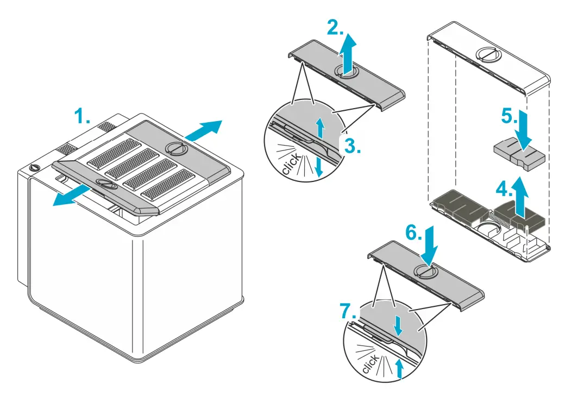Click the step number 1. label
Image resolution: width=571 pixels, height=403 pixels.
click(83, 117)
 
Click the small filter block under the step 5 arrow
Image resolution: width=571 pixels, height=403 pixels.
click(519, 157)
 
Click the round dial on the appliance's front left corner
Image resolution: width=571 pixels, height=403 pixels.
click(35, 168)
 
